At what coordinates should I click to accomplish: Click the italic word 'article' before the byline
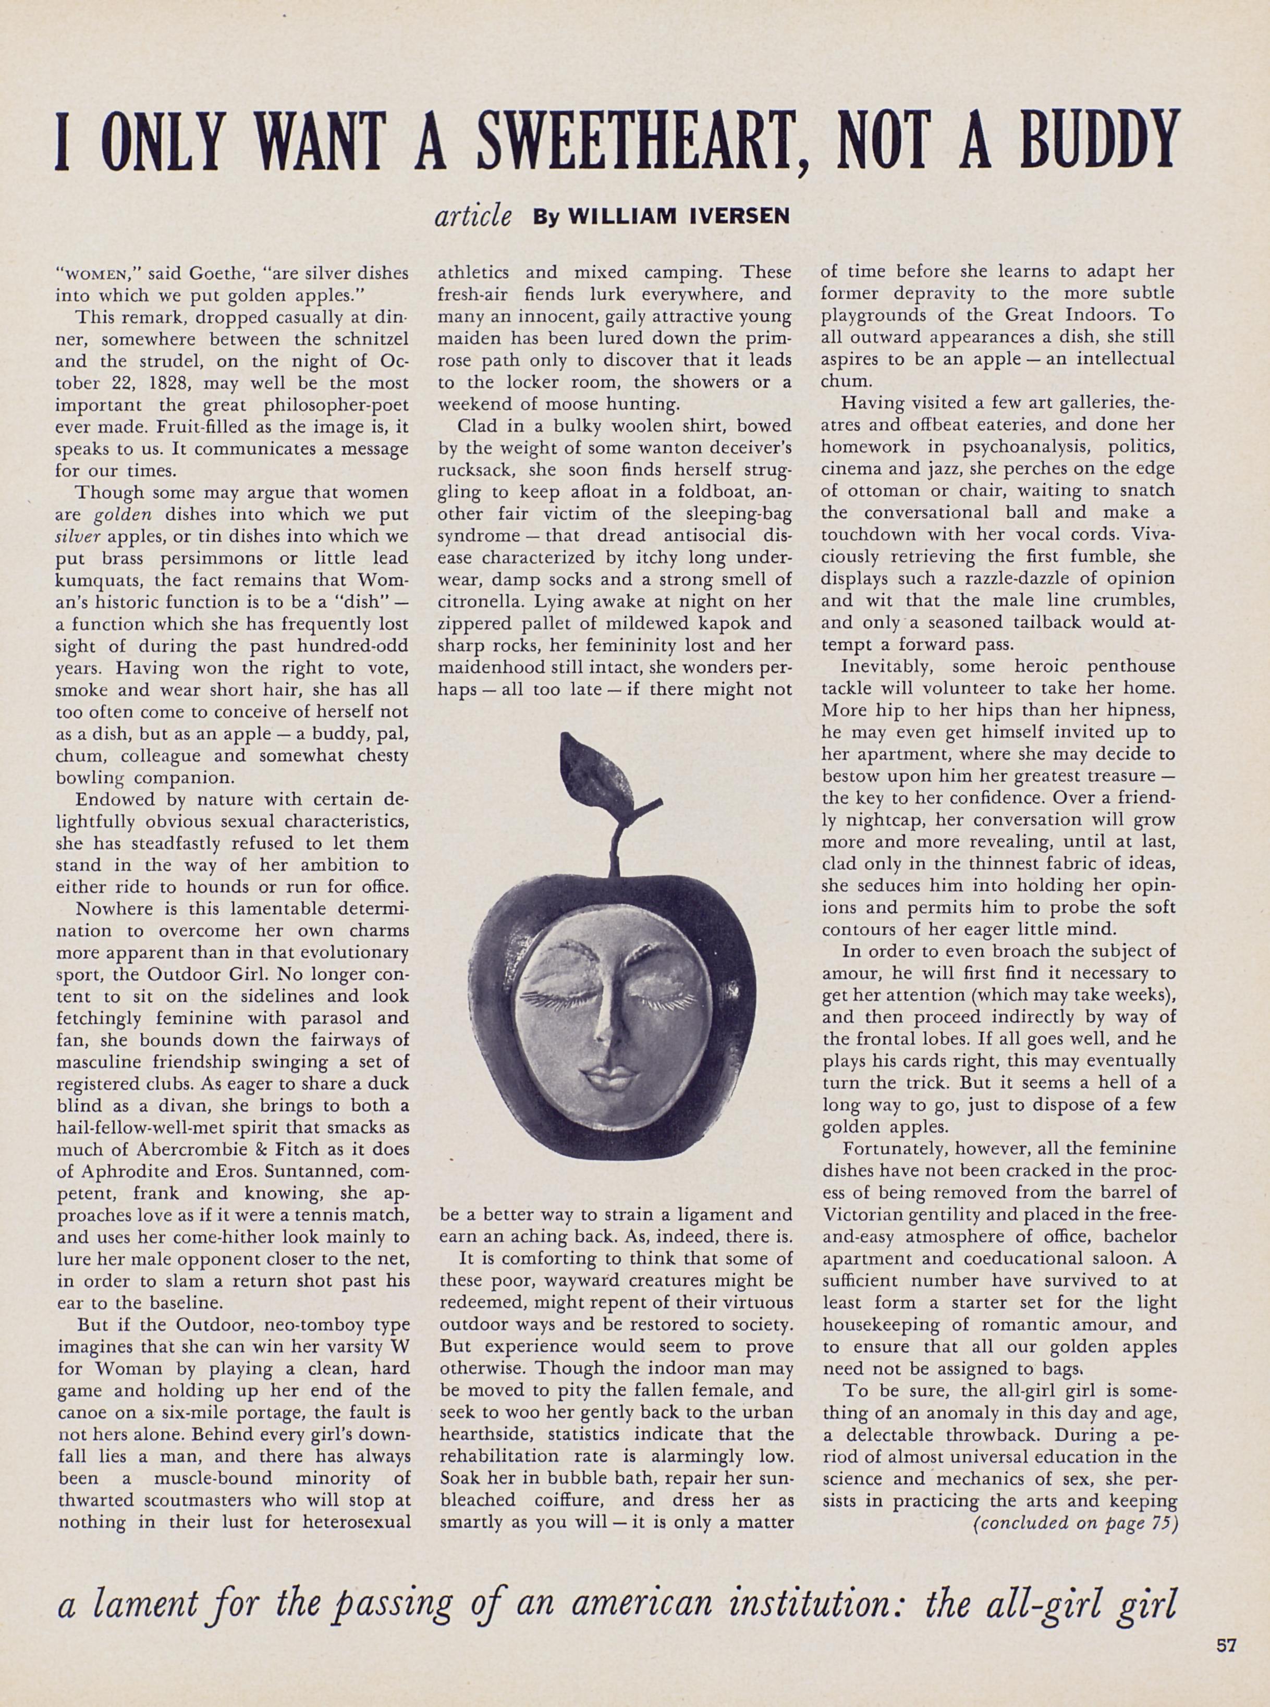click(x=473, y=215)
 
